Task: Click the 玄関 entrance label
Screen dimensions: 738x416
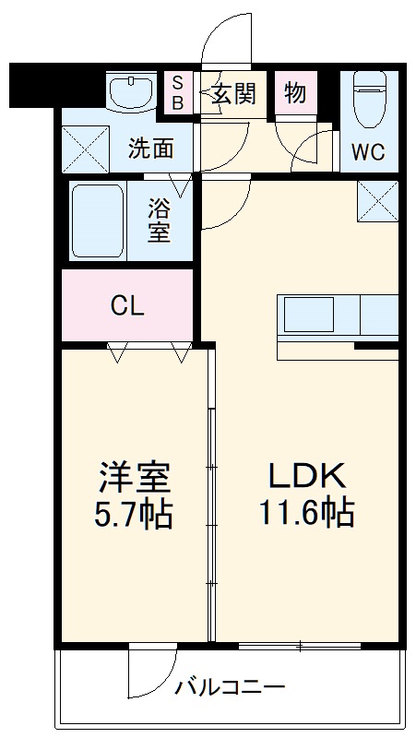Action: click(x=233, y=94)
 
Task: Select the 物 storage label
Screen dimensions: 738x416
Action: click(x=295, y=94)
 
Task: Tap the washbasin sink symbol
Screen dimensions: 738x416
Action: click(x=129, y=93)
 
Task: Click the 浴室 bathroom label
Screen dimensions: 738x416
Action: click(x=160, y=220)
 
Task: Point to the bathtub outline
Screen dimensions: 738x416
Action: click(x=97, y=220)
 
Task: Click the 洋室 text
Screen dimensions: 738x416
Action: click(x=135, y=478)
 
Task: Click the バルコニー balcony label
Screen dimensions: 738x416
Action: click(x=230, y=687)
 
